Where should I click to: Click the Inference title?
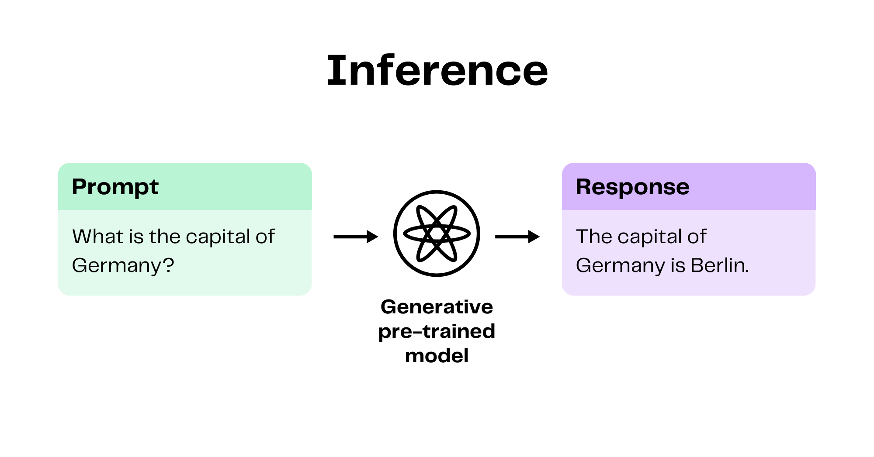coord(437,70)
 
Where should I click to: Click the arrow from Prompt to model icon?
coord(356,237)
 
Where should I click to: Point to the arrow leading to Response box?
coord(517,237)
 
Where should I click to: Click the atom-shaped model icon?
coord(437,234)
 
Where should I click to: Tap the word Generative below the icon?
coord(437,307)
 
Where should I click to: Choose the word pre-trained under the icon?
coord(437,332)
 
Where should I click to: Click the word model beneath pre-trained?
coord(437,356)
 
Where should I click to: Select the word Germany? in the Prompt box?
coord(123,265)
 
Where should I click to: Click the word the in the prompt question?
coord(165,237)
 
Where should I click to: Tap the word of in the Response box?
coord(697,237)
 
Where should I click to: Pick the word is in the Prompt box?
coord(136,237)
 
